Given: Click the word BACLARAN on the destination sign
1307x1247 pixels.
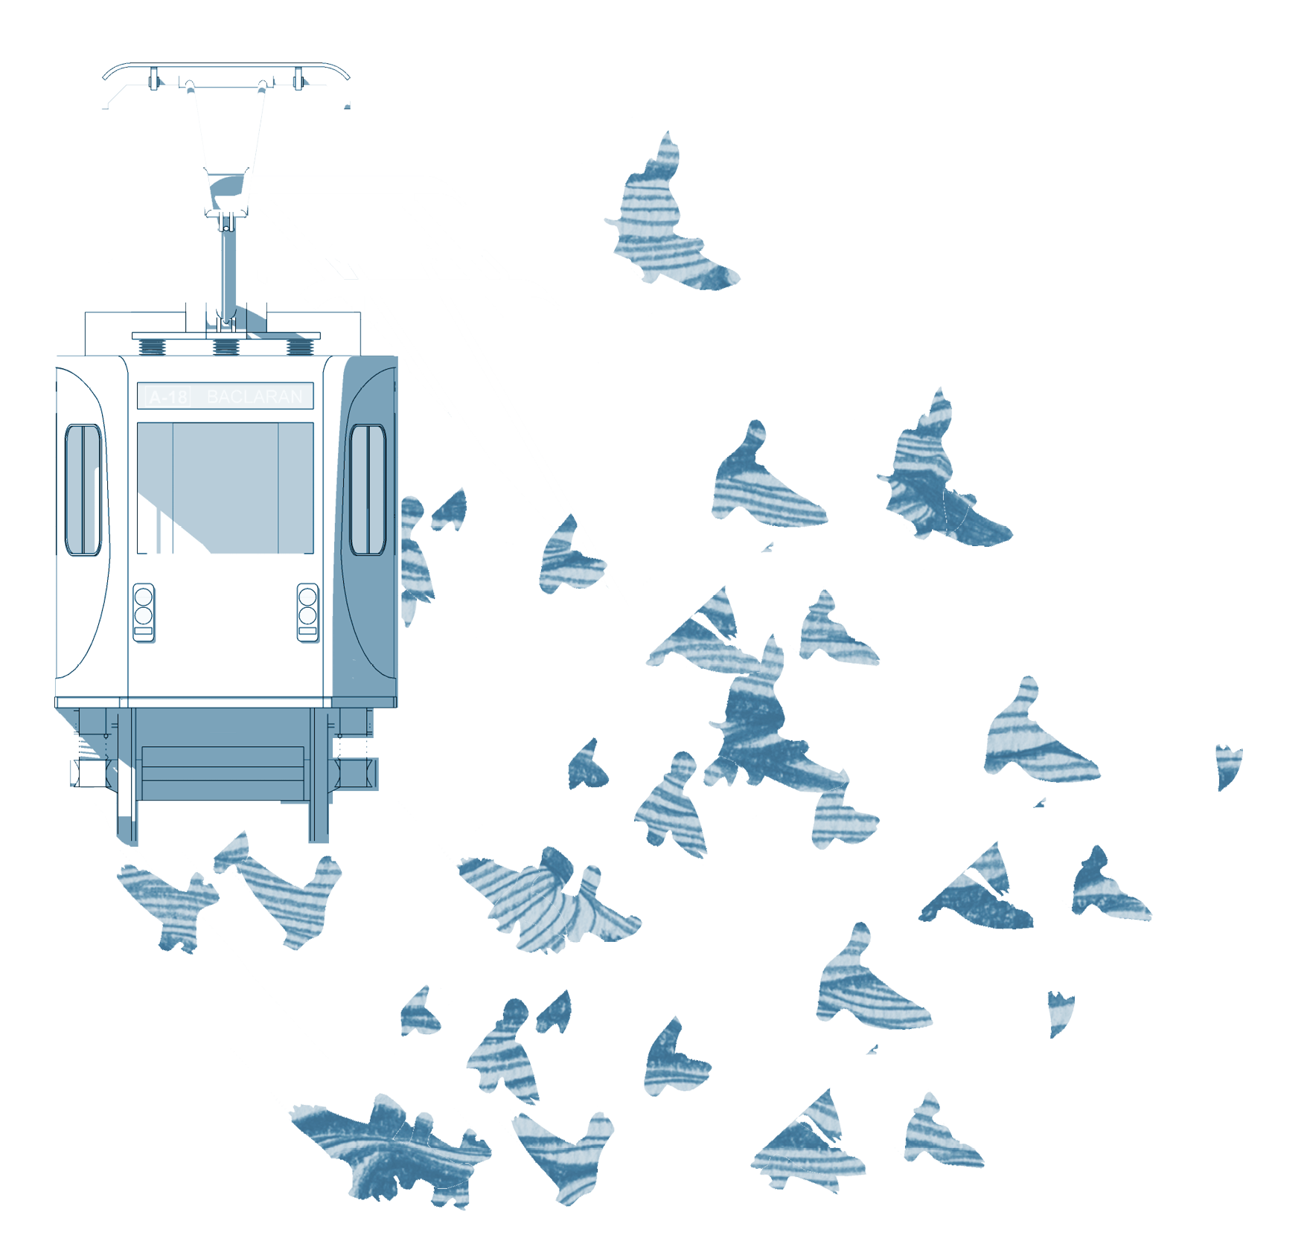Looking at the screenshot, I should [255, 397].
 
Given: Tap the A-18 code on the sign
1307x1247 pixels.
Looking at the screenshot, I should [168, 397].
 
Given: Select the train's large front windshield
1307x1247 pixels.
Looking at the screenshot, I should [225, 487].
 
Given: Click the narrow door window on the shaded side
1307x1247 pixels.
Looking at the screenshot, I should [367, 490].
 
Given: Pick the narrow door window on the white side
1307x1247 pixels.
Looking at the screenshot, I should [83, 490].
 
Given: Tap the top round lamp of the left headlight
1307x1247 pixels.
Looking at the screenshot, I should [144, 597].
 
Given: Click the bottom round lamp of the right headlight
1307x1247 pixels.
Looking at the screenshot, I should [307, 615].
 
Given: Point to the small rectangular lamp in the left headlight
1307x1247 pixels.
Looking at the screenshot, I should [144, 632].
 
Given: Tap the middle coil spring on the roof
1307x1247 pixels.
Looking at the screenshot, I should [226, 347].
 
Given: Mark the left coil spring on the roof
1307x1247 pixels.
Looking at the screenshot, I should [151, 347].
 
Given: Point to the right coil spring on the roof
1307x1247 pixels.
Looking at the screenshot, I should [300, 347].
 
